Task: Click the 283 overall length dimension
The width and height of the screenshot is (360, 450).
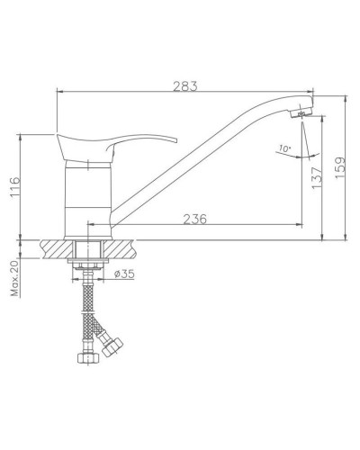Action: click(x=184, y=85)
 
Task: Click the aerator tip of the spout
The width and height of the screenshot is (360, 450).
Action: click(x=303, y=113)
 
